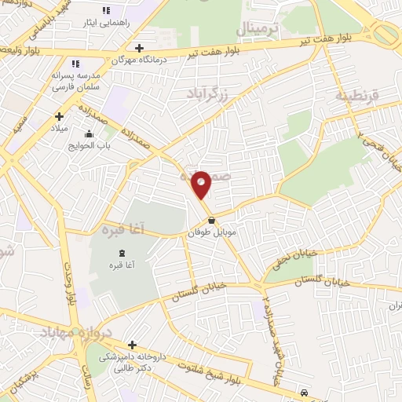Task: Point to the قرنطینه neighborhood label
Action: pyautogui.click(x=357, y=95)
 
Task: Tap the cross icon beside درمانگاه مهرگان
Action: pyautogui.click(x=139, y=48)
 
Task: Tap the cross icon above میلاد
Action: pyautogui.click(x=59, y=116)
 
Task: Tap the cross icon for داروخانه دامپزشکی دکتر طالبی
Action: pyautogui.click(x=132, y=345)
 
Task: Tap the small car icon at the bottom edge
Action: pyautogui.click(x=304, y=392)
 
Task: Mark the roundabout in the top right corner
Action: pyautogui.click(x=387, y=34)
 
